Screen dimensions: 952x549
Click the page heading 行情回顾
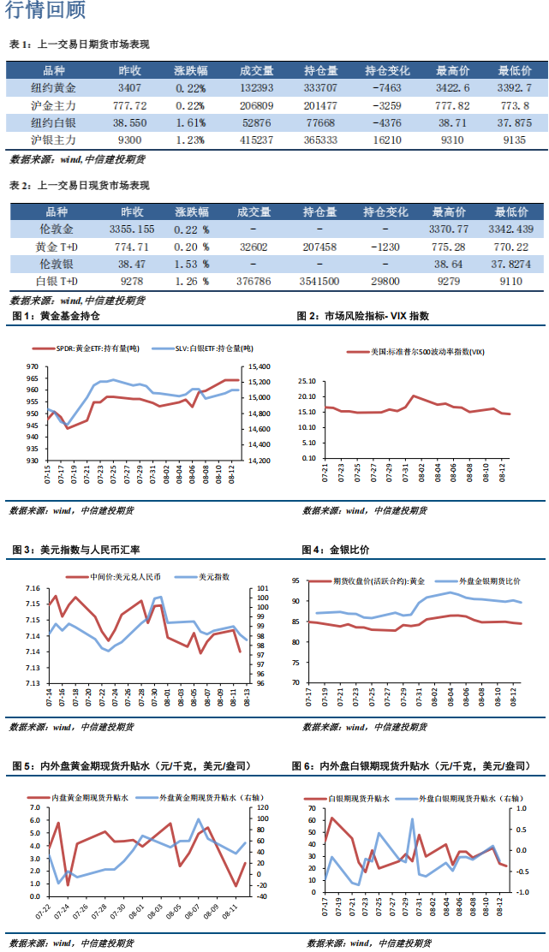45,12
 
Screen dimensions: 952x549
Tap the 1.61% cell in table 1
190,122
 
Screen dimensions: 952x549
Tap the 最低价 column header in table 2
514,211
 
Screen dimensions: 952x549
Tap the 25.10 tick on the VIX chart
307,381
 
